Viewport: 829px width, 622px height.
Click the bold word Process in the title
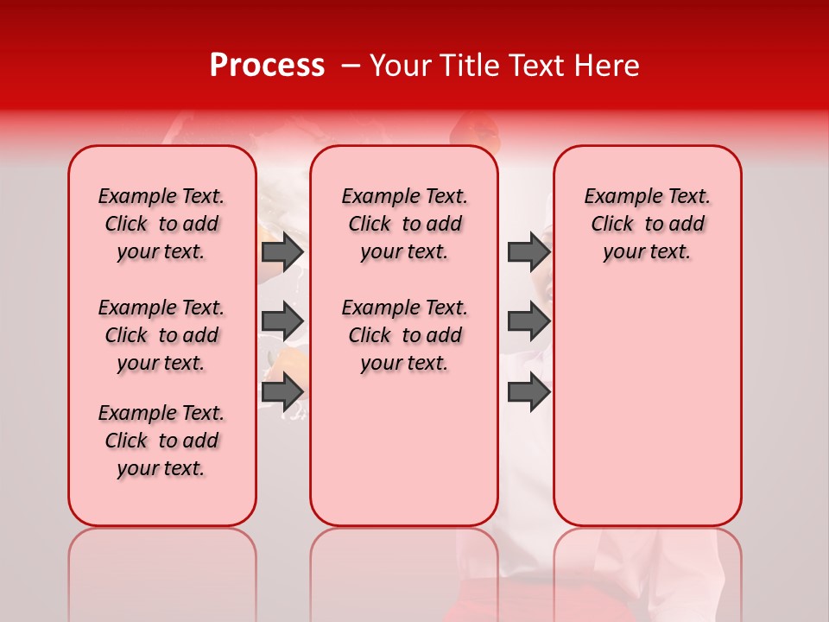(267, 66)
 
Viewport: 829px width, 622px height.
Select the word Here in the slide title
(606, 66)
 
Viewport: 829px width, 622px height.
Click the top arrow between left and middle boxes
(282, 251)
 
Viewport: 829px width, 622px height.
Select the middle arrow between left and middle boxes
(282, 321)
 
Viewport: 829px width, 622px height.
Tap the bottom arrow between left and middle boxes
(282, 391)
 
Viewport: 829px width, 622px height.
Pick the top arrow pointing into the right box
(528, 251)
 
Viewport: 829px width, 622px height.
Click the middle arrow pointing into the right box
(528, 321)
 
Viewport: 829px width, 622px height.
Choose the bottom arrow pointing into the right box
(528, 391)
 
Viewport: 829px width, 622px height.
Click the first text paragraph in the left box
(161, 224)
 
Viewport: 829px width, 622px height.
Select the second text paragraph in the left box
(161, 335)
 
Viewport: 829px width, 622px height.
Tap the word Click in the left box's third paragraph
(126, 441)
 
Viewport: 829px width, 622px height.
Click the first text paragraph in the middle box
(404, 224)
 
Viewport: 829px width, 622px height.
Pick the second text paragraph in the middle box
(404, 335)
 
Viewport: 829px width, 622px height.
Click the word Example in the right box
(617, 196)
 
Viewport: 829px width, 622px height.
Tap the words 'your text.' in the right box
(647, 252)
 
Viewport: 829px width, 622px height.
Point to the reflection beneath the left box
(162, 570)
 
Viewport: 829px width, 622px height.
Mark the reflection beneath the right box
(647, 570)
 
